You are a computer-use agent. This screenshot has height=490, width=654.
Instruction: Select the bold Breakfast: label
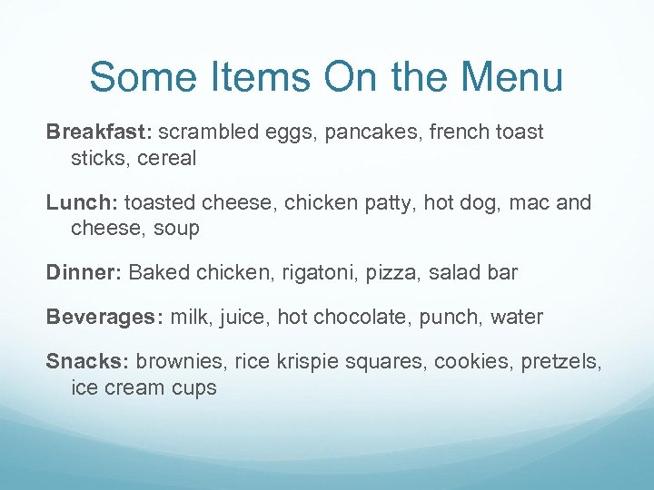pyautogui.click(x=99, y=132)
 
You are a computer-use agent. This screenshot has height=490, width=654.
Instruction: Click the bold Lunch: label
pyautogui.click(x=83, y=202)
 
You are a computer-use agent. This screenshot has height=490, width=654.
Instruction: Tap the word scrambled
pyautogui.click(x=206, y=132)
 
